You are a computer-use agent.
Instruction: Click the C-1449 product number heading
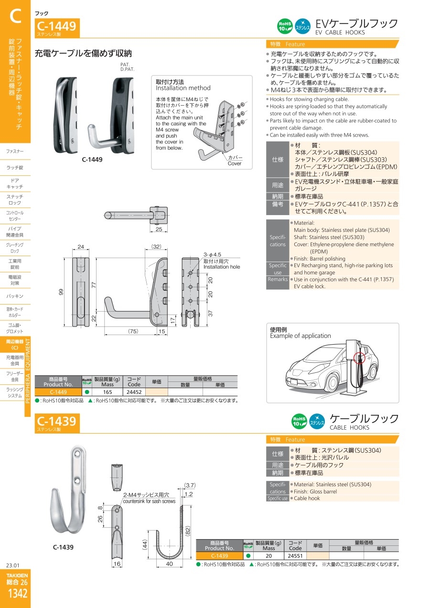[x=56, y=26]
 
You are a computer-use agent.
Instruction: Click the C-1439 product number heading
[x=56, y=421]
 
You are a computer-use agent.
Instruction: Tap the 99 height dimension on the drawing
[x=61, y=292]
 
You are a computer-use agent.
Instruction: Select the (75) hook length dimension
[x=133, y=331]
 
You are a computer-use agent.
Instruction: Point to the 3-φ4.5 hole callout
[x=212, y=255]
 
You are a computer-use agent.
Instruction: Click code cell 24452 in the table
[x=134, y=392]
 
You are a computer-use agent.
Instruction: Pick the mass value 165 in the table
[x=107, y=392]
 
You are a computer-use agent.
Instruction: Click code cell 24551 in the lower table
[x=295, y=555]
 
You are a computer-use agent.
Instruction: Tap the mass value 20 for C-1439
[x=269, y=555]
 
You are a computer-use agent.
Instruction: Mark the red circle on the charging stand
[x=359, y=358]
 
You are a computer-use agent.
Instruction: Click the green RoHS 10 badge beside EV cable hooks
[x=285, y=26]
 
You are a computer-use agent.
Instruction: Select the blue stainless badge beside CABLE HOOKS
[x=317, y=422]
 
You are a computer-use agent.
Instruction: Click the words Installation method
[x=183, y=88]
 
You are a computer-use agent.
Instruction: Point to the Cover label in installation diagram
[x=235, y=163]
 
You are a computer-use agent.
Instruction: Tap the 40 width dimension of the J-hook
[x=169, y=564]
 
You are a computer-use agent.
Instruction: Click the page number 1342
[x=18, y=594]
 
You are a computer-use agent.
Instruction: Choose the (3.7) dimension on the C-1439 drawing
[x=190, y=485]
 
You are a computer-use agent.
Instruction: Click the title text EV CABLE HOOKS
[x=340, y=33]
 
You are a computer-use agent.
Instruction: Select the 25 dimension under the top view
[x=159, y=229]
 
